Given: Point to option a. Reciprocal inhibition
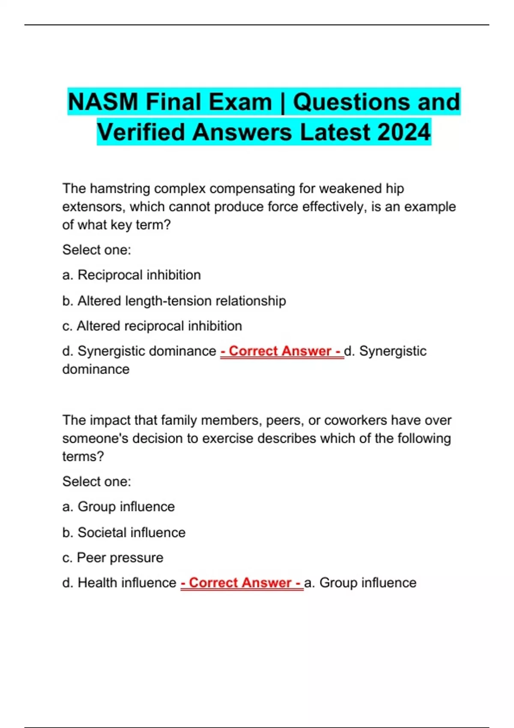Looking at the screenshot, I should point(131,275).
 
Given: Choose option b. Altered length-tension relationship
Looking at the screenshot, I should point(174,301).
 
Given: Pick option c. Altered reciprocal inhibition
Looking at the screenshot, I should point(152,326).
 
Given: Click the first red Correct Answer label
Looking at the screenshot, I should point(282,351).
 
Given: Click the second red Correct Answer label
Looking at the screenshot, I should point(242,583).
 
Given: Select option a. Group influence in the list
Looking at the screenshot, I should point(118,507).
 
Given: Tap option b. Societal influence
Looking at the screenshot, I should point(124,532).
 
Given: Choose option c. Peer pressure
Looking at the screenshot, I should point(113,558).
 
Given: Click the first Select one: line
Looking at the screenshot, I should point(97,250).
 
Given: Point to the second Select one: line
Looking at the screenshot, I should point(97,481).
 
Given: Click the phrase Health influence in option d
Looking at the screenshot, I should point(127,583).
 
